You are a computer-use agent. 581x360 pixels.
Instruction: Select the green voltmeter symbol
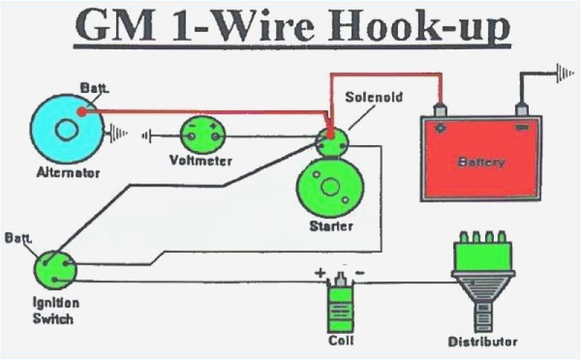203,133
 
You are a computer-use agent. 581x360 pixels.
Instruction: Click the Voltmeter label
201,160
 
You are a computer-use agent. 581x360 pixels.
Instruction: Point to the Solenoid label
373,97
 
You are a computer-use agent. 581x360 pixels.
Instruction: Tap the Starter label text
330,226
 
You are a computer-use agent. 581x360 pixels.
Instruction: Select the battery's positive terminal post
439,110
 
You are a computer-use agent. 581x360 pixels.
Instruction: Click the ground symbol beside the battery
563,73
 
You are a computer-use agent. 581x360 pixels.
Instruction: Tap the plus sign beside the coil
318,274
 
